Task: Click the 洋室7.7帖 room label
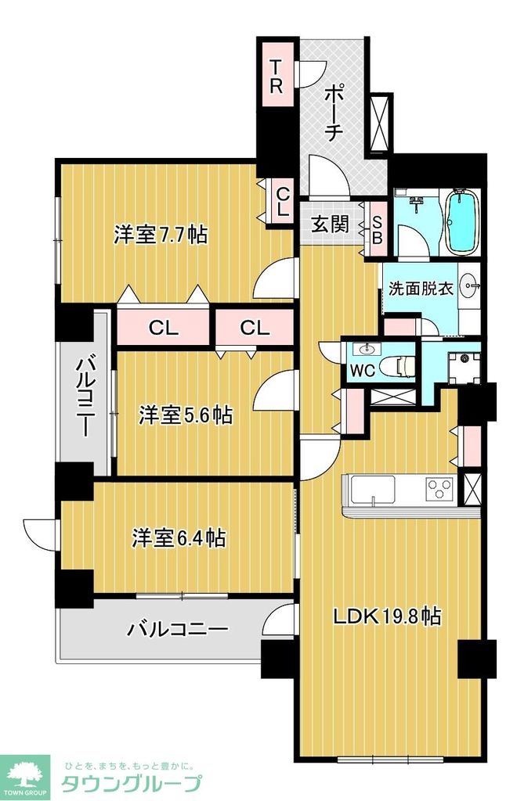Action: coord(161,235)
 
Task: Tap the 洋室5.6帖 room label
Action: coord(186,415)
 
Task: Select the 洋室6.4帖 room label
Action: coord(179,538)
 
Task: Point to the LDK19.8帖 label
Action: coord(387,616)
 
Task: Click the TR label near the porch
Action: coord(276,77)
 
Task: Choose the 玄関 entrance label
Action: coord(330,224)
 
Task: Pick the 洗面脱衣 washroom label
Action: coord(421,288)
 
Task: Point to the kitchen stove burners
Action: coord(440,490)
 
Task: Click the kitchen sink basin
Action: coord(373,490)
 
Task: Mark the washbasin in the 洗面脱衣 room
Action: coord(470,284)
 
